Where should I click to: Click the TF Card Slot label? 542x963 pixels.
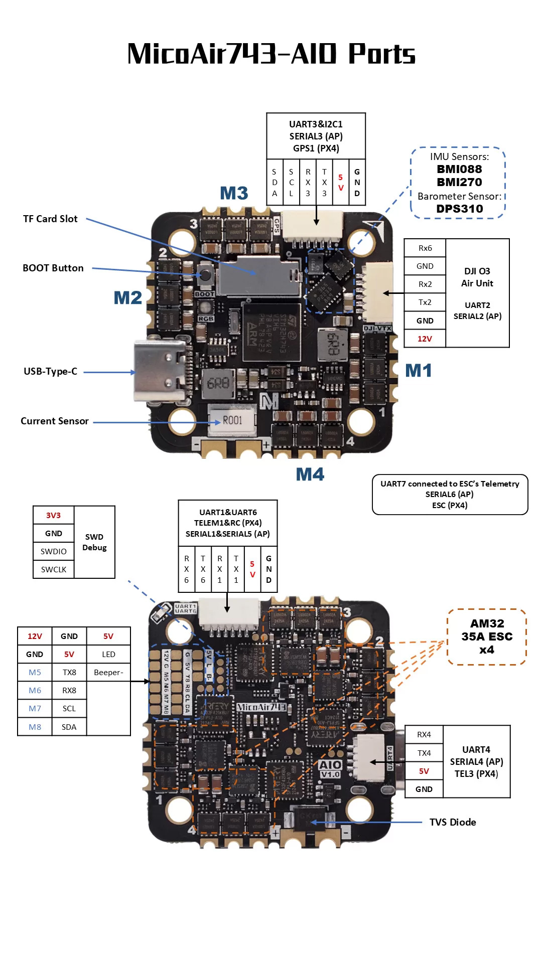[x=50, y=219]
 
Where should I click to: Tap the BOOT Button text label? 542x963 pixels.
[x=53, y=268]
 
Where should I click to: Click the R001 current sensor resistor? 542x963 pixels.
[x=232, y=420]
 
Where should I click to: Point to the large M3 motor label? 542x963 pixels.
[x=234, y=193]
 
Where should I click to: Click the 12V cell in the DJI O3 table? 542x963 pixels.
[x=425, y=339]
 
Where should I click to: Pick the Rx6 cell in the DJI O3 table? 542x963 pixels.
[x=425, y=248]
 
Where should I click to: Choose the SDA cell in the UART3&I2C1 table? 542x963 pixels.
[x=275, y=183]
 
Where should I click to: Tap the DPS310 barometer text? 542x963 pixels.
[x=459, y=209]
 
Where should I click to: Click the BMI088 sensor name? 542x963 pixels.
[x=459, y=169]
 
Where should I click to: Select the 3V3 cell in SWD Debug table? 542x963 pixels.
[x=53, y=515]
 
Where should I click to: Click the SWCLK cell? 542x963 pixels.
[x=53, y=569]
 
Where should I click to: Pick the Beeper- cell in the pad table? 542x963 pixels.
[x=108, y=672]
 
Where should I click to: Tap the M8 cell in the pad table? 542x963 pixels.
[x=35, y=727]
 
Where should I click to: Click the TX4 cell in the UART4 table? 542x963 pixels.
[x=424, y=753]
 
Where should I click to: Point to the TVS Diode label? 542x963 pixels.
[x=452, y=822]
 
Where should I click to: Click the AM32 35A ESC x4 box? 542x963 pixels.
[x=486, y=636]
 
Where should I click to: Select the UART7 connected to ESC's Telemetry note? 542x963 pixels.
[x=450, y=494]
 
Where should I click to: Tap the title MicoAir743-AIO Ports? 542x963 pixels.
[x=271, y=54]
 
